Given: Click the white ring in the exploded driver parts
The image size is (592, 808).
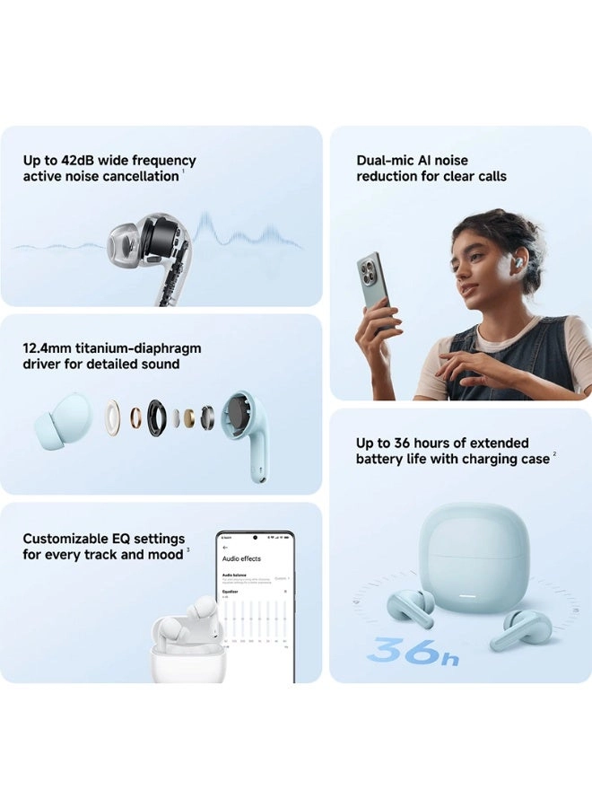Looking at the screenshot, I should coord(112,418).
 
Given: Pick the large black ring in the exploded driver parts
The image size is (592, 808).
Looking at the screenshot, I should coord(157,417).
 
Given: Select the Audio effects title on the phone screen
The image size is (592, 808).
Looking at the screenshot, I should coord(241,558).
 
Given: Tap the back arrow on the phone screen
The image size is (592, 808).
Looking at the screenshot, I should coord(225,546).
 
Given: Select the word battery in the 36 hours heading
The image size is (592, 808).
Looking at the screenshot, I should coord(380,459).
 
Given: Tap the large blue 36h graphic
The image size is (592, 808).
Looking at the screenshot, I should coord(413,651).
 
